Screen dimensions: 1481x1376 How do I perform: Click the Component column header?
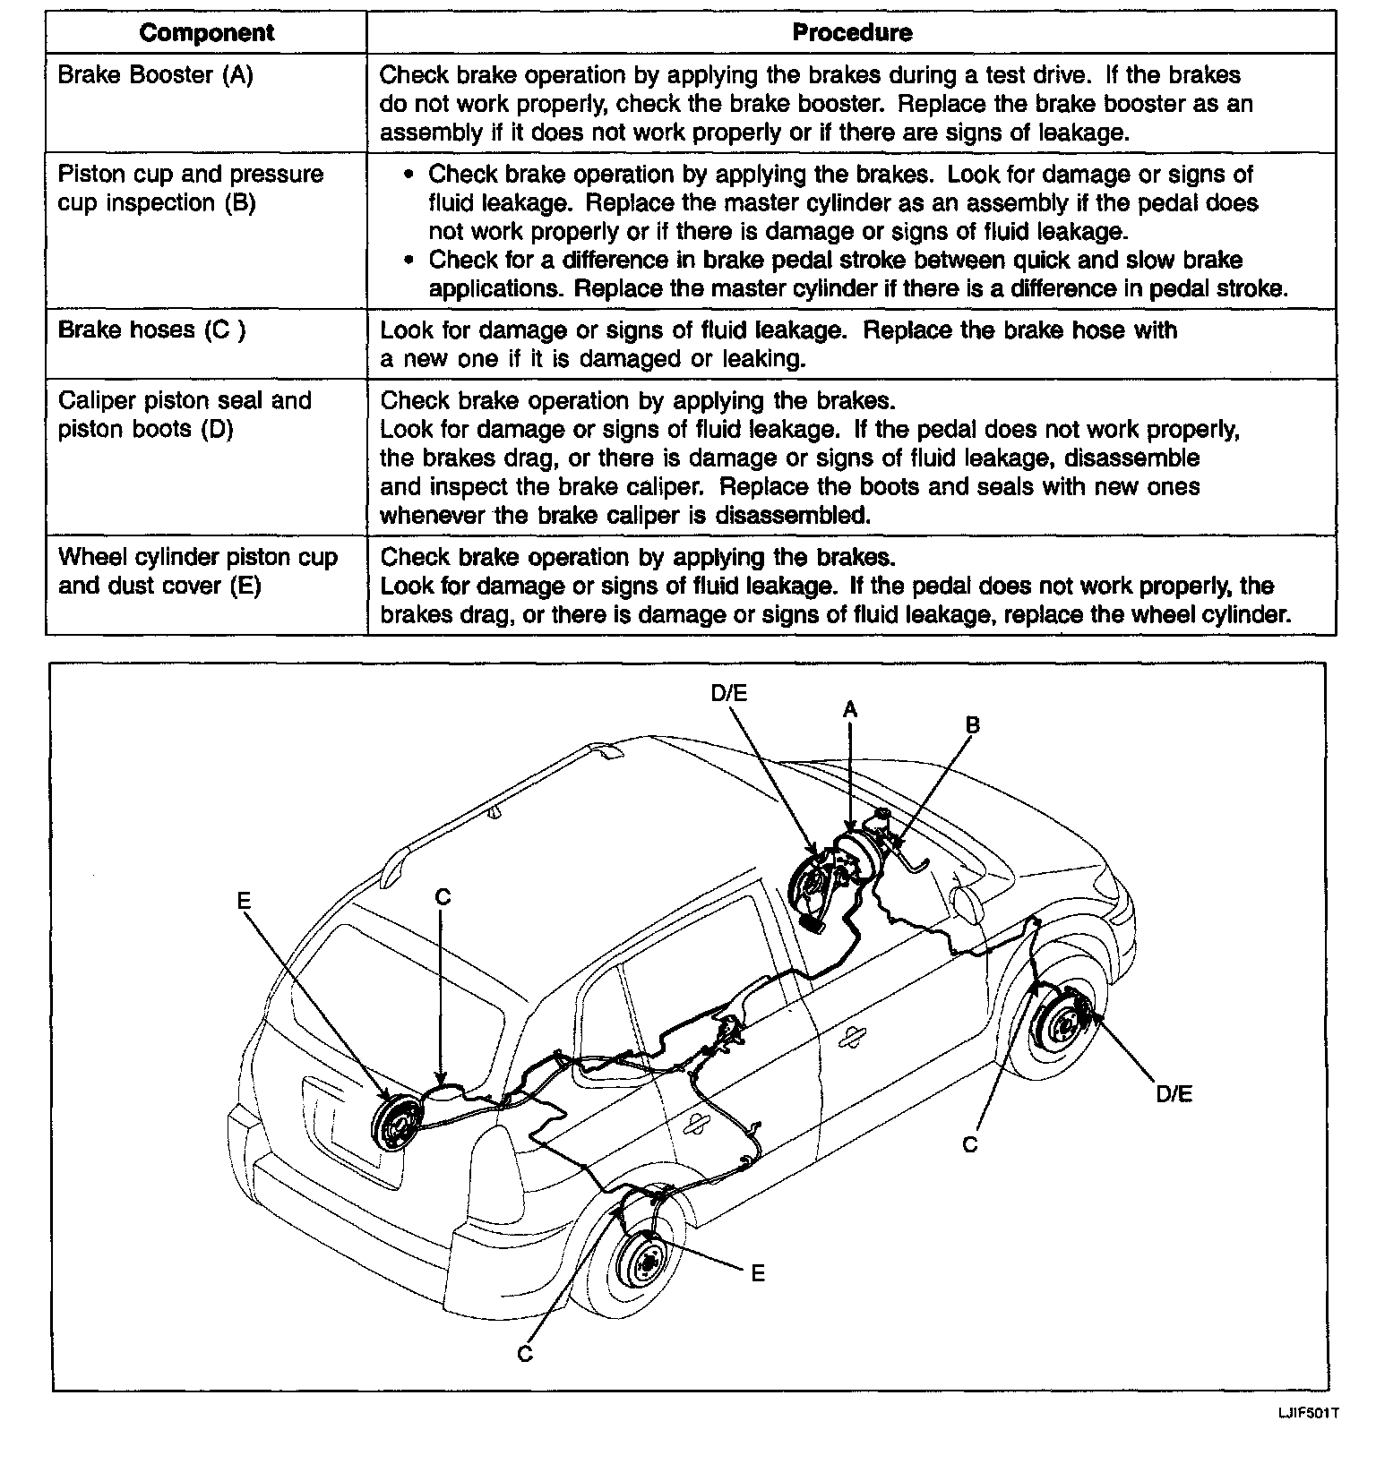pos(207,33)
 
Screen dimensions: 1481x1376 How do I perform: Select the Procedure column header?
pos(852,33)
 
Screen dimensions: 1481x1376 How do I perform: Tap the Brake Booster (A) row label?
pos(155,75)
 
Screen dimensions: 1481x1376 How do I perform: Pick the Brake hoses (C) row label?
pos(151,330)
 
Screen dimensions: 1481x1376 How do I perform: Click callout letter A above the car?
pos(849,710)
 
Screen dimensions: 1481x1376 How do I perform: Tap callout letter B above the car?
pos(972,725)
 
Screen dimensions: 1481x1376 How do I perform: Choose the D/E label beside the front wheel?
pos(1174,1093)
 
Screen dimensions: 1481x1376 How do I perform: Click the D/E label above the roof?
pos(728,693)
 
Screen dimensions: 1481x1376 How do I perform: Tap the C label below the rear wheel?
pos(525,1354)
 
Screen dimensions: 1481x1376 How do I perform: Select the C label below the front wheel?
pos(969,1144)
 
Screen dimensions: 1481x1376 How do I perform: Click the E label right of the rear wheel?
pos(758,1272)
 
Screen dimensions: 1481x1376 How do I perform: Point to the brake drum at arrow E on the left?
pos(394,1122)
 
